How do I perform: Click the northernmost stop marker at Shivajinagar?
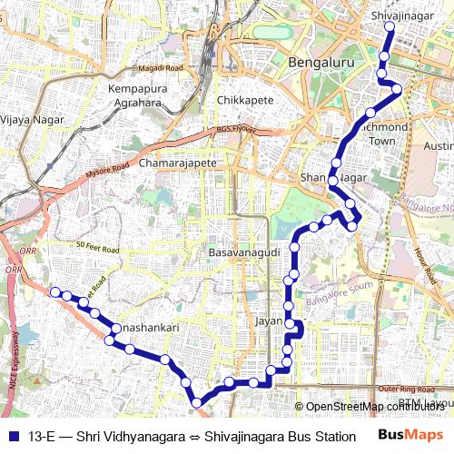(x=389, y=27)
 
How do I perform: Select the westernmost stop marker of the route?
(x=55, y=291)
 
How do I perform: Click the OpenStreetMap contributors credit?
(x=374, y=406)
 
